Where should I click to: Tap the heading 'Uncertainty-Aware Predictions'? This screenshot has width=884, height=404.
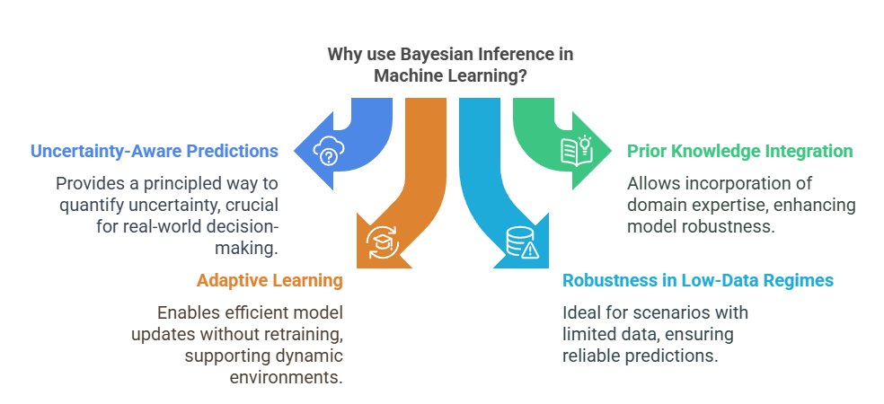coord(153,151)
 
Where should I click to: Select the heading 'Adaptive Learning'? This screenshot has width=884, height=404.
coord(270,281)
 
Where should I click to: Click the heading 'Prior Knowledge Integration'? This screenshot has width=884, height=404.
coord(739,151)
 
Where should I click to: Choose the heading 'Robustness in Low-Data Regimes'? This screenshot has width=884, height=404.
coord(698,281)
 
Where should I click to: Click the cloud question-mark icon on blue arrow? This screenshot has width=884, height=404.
coord(329,152)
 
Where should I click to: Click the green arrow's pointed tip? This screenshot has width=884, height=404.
coord(614,152)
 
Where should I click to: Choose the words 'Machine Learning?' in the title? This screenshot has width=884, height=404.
coord(451,76)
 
